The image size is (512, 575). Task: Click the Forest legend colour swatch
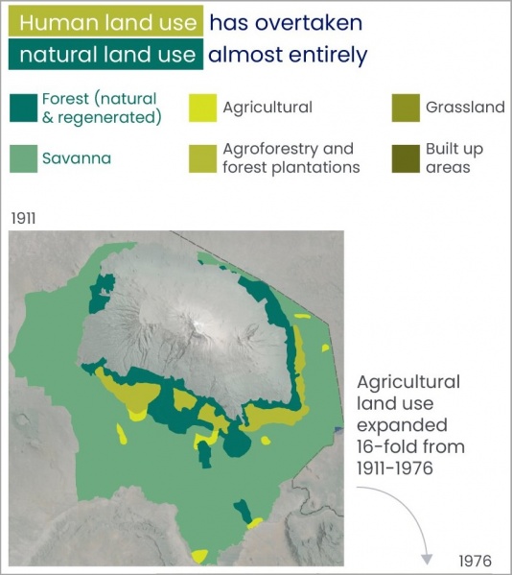(x=23, y=107)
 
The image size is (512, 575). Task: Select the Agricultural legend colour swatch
(x=202, y=107)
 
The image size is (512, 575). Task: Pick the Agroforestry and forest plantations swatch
(x=202, y=157)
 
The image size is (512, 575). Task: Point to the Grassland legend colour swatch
(x=407, y=107)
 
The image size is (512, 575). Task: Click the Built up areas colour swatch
(x=407, y=157)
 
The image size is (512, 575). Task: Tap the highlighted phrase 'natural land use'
(x=105, y=55)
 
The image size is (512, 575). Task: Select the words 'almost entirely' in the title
(x=288, y=55)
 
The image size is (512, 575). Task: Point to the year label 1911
(x=23, y=218)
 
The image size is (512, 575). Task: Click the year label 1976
(x=476, y=560)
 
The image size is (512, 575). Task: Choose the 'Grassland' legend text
(x=465, y=107)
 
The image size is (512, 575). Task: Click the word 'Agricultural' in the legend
(x=268, y=107)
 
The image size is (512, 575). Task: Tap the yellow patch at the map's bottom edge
(x=199, y=556)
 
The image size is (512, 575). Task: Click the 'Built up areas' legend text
(x=455, y=157)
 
